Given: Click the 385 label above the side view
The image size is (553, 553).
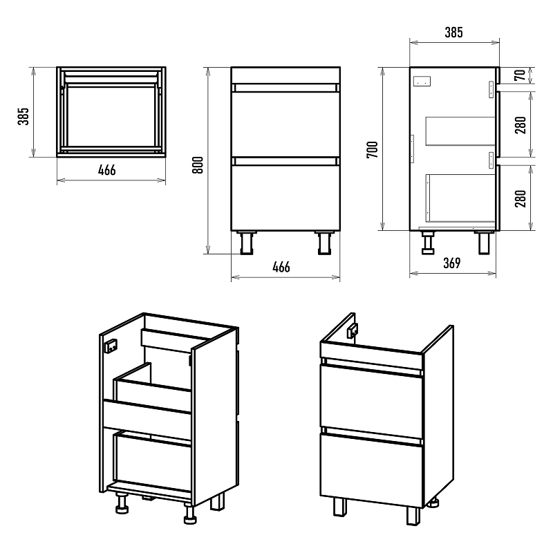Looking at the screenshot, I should coord(453,32).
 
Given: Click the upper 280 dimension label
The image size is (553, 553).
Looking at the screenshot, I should coord(521,124).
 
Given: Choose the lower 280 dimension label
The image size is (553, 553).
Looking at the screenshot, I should coord(521,198).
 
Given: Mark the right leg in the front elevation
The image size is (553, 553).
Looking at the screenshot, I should coord(323,241).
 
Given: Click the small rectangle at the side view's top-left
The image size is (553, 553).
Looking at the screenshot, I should coord(422,81).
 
